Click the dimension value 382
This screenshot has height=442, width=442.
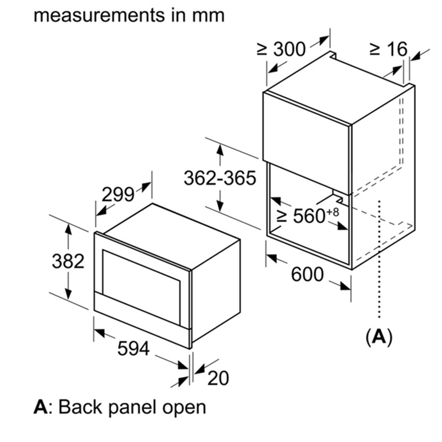[x=68, y=260]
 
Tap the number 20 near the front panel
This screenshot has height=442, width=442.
[x=218, y=378]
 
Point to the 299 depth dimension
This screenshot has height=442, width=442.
[x=118, y=194]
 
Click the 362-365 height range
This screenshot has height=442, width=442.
[x=220, y=177]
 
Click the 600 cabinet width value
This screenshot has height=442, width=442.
[x=307, y=274]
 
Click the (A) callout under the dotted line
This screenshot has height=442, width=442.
[x=378, y=337]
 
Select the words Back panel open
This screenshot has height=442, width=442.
[x=133, y=407]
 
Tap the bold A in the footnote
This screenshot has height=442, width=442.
[x=40, y=407]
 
